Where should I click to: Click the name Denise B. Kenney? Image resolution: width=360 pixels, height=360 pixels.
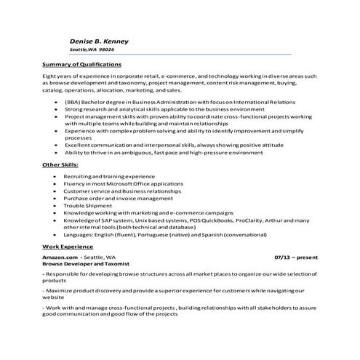point(99,41)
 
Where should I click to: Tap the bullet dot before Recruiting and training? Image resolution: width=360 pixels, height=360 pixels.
point(55,177)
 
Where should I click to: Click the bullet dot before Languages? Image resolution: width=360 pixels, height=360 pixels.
point(55,235)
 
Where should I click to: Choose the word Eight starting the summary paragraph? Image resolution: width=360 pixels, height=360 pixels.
point(49,76)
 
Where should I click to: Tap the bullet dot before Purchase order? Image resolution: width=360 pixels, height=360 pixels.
point(55,198)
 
